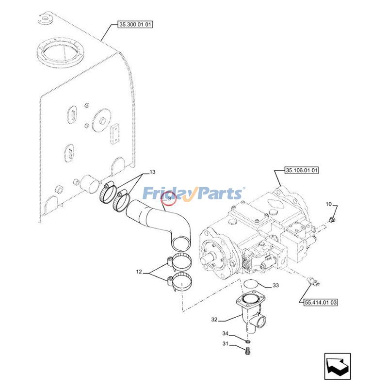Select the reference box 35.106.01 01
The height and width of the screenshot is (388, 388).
click(x=302, y=170)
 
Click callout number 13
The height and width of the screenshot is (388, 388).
click(x=152, y=173)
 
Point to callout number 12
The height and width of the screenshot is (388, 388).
click(x=139, y=273)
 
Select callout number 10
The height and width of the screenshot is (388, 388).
click(x=328, y=204)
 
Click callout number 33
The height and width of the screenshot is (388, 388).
click(x=275, y=286)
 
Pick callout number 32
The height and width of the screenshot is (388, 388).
click(x=214, y=320)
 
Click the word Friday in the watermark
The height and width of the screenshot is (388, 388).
click(x=164, y=194)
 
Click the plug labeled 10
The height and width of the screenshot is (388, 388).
click(x=331, y=220)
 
